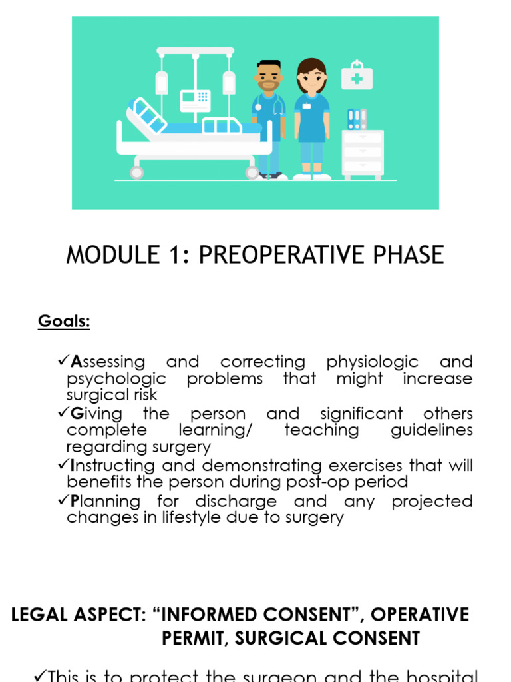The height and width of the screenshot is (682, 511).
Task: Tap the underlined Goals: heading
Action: tap(64, 322)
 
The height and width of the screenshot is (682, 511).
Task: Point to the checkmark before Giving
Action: tap(64, 413)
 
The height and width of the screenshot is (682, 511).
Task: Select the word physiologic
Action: tap(372, 362)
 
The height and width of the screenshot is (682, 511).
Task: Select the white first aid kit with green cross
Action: tap(357, 77)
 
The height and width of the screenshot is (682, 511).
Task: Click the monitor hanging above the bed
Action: tap(195, 101)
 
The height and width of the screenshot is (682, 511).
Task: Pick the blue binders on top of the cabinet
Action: tap(357, 119)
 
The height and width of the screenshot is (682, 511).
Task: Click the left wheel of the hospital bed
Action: tap(136, 172)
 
